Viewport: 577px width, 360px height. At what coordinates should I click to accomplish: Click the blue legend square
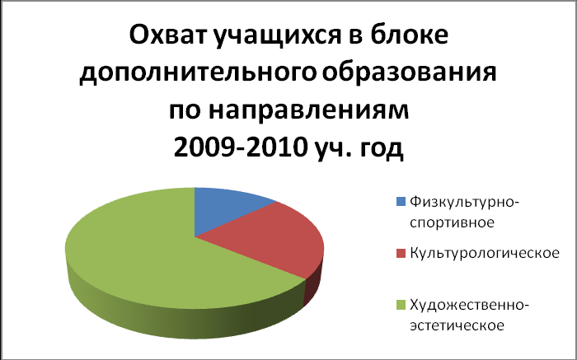tap(401, 202)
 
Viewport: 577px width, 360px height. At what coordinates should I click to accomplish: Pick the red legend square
tap(401, 253)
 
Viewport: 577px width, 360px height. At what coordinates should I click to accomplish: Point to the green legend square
tap(401, 305)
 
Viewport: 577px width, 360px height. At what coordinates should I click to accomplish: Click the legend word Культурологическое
tap(485, 254)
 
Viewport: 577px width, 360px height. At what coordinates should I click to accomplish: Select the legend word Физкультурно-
tap(464, 203)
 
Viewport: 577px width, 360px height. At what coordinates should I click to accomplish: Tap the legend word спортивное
tap(452, 222)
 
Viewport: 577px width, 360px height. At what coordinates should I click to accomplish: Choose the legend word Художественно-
tap(470, 305)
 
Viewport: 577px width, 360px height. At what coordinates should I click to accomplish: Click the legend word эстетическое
tap(457, 325)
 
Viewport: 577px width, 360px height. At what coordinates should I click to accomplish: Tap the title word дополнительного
tap(198, 73)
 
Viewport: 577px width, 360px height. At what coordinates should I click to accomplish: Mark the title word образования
tap(410, 72)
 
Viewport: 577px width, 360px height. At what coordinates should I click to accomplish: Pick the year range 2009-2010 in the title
tap(241, 147)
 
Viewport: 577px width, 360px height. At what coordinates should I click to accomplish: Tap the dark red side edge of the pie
tap(313, 287)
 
